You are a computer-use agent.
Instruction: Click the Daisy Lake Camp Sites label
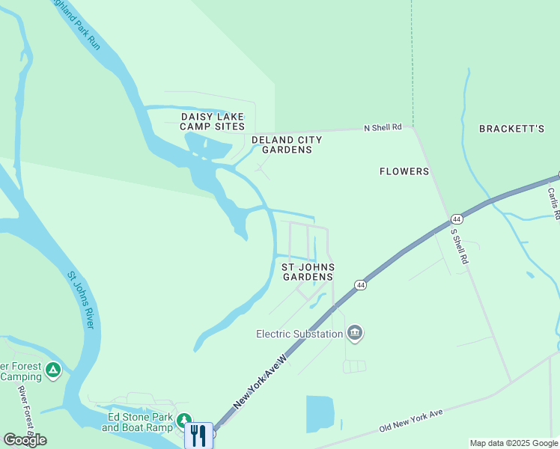[x=213, y=121]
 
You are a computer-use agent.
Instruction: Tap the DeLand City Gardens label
[x=287, y=144]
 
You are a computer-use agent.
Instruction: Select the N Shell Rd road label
[x=383, y=127]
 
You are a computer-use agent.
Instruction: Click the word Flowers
[x=404, y=171]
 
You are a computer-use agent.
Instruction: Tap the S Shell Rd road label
[x=459, y=245]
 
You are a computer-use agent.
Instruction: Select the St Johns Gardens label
[x=308, y=272]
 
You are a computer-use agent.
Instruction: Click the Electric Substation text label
[x=299, y=334]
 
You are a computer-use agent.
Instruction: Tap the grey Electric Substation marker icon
[x=356, y=334]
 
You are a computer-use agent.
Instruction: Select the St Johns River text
[x=81, y=299]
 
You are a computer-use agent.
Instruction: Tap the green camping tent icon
[x=52, y=370]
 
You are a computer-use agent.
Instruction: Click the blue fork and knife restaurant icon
[x=198, y=436]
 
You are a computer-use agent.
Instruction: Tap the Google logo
[x=25, y=440]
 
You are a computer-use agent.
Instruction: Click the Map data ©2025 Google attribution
[x=514, y=443]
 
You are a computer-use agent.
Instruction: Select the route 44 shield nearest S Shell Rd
[x=456, y=219]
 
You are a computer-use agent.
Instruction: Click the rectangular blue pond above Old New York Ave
[x=320, y=414]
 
